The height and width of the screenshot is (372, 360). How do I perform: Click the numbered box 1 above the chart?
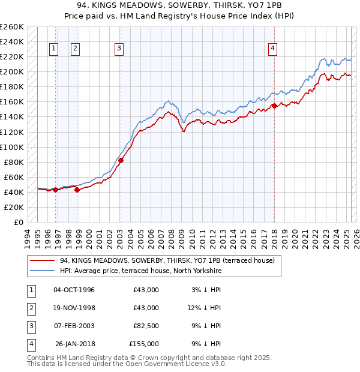[54, 49]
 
